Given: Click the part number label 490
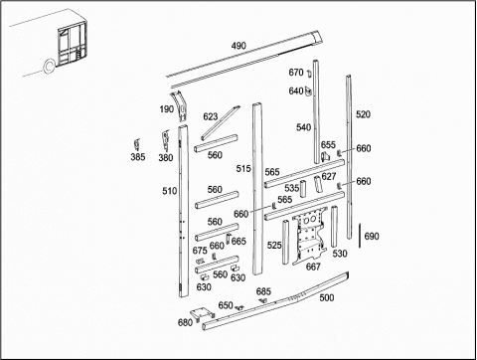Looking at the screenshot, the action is pyautogui.click(x=238, y=46).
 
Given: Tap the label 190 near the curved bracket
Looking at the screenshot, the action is pyautogui.click(x=167, y=109).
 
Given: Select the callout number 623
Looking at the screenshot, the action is pyautogui.click(x=211, y=116).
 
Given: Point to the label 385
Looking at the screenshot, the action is pyautogui.click(x=138, y=157).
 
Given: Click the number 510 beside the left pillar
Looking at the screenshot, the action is pyautogui.click(x=170, y=191).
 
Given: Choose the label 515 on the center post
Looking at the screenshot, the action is pyautogui.click(x=243, y=169).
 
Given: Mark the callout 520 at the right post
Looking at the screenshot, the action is pyautogui.click(x=363, y=114).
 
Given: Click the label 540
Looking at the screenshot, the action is pyautogui.click(x=303, y=127).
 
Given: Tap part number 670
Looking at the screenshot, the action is pyautogui.click(x=296, y=73).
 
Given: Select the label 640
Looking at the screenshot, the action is pyautogui.click(x=296, y=90).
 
